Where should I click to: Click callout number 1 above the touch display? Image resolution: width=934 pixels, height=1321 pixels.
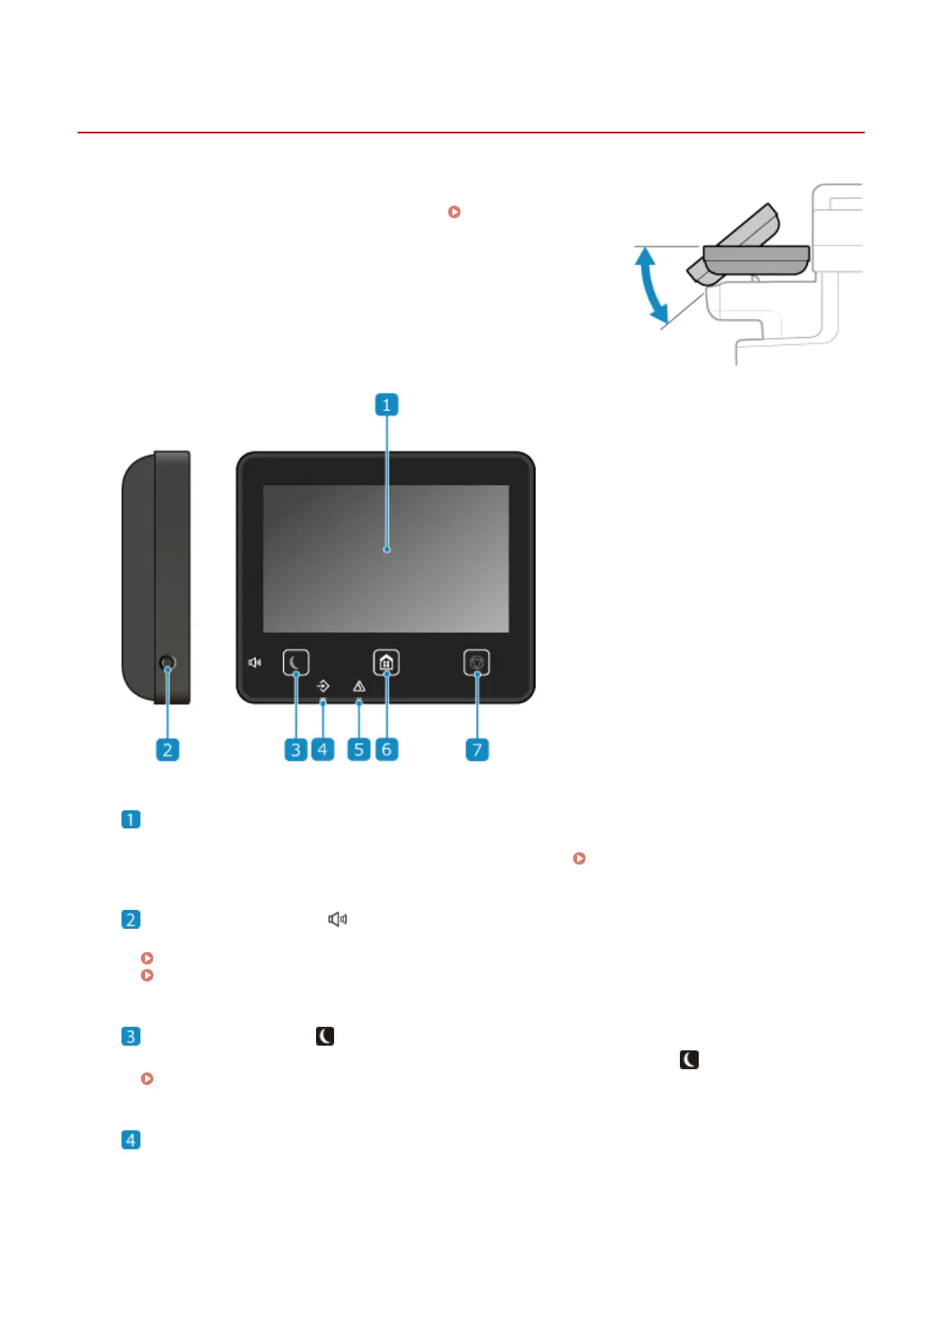pyautogui.click(x=386, y=405)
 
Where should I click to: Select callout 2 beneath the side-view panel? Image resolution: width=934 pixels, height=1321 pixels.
pyautogui.click(x=167, y=749)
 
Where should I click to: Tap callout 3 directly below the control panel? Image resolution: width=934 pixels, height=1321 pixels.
pyautogui.click(x=296, y=749)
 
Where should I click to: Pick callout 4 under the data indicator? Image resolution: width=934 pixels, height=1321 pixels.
pyautogui.click(x=322, y=749)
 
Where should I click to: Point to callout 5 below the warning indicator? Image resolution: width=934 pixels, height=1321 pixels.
pyautogui.click(x=359, y=749)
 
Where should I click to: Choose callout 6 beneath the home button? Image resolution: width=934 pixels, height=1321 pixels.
pyautogui.click(x=387, y=749)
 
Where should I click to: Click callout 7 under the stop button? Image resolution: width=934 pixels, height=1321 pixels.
pyautogui.click(x=477, y=749)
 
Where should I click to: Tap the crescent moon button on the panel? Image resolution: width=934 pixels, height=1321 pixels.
pyautogui.click(x=296, y=663)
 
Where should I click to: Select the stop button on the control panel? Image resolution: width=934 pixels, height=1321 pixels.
pyautogui.click(x=477, y=663)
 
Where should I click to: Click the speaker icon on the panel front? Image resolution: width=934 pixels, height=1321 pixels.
pyautogui.click(x=255, y=663)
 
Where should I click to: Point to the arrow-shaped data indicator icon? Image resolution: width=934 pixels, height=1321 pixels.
pyautogui.click(x=323, y=686)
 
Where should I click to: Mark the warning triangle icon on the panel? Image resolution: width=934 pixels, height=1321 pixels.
pyautogui.click(x=359, y=686)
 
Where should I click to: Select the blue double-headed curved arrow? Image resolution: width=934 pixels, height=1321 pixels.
pyautogui.click(x=652, y=285)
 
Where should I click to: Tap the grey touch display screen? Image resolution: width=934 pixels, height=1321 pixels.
pyautogui.click(x=386, y=559)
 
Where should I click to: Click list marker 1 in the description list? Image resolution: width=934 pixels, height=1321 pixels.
pyautogui.click(x=131, y=820)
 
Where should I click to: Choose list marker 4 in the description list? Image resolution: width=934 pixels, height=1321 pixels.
pyautogui.click(x=131, y=1140)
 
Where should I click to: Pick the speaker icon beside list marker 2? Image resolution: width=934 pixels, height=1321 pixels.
pyautogui.click(x=337, y=919)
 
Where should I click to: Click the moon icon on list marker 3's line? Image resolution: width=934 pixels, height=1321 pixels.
pyautogui.click(x=325, y=1036)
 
